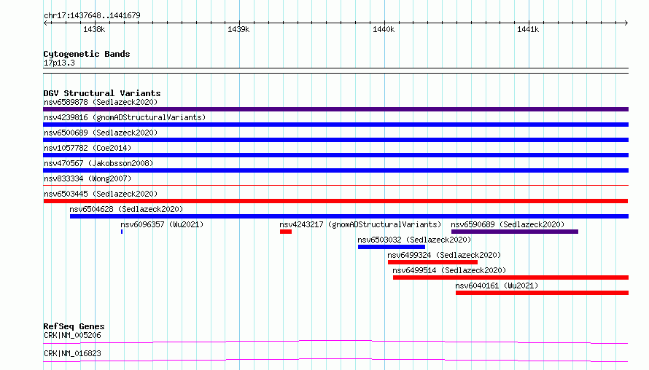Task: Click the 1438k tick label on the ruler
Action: click(94, 29)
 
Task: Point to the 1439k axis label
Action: click(238, 29)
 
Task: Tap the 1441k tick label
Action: click(528, 29)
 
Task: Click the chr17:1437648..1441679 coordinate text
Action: click(92, 15)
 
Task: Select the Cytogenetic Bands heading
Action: click(87, 54)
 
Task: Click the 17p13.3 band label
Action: click(59, 63)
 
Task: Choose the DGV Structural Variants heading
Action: click(102, 93)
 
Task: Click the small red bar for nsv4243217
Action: click(286, 232)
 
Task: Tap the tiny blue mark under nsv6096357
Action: click(122, 232)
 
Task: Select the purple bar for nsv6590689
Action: click(515, 232)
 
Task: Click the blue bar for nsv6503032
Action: click(392, 247)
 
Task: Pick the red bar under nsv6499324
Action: click(432, 262)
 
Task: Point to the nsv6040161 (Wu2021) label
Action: click(497, 286)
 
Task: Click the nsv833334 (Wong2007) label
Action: click(88, 178)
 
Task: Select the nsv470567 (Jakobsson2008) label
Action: click(98, 163)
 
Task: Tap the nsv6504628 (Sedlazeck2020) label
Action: click(126, 209)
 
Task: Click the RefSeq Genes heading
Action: click(74, 326)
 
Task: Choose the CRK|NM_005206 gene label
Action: click(72, 335)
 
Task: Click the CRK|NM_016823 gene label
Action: click(72, 353)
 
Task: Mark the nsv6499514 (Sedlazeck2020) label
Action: click(449, 270)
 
